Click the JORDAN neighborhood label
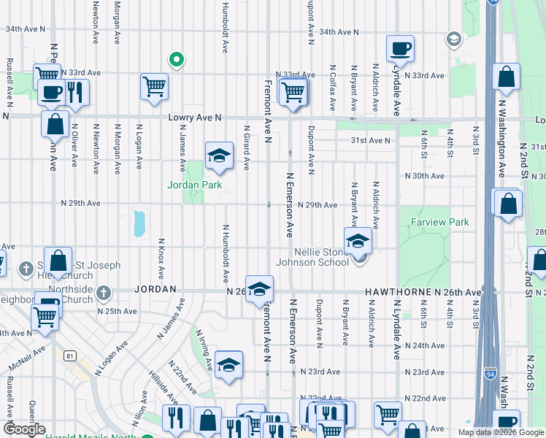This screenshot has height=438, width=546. point(155,289)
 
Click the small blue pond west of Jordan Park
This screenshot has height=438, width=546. point(139,224)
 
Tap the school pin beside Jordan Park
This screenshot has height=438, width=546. point(218,154)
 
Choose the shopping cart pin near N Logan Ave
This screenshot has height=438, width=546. point(155,86)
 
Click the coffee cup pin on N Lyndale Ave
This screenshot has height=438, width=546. point(399,49)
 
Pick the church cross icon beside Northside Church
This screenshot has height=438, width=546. point(104,293)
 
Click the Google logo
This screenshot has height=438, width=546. point(24,429)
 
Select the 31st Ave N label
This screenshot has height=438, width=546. point(371,140)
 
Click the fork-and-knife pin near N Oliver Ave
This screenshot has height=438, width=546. point(75,91)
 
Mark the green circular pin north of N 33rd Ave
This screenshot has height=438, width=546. point(175,60)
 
